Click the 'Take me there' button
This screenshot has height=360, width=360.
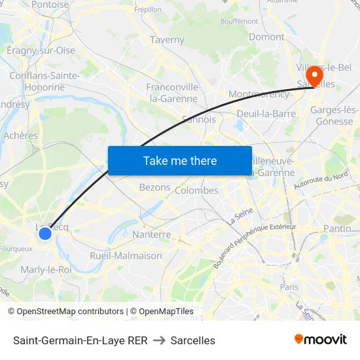pyautogui.click(x=180, y=160)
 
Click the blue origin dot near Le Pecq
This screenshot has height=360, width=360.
pyautogui.click(x=45, y=233)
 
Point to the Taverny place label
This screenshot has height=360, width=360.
pyautogui.click(x=167, y=39)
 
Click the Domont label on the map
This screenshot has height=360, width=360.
pyautogui.click(x=266, y=37)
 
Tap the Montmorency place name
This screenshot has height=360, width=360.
pyautogui.click(x=259, y=94)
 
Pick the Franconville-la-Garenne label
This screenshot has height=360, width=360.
pyautogui.click(x=172, y=93)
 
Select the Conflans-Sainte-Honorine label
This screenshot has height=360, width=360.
pyautogui.click(x=45, y=81)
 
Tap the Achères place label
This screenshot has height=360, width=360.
pyautogui.click(x=21, y=135)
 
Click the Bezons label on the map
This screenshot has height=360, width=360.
pyautogui.click(x=155, y=187)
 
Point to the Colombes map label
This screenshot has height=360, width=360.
pyautogui.click(x=197, y=190)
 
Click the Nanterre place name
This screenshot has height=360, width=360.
pyautogui.click(x=151, y=234)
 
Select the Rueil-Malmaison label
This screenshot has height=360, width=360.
pyautogui.click(x=126, y=256)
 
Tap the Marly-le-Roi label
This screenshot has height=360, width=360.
pyautogui.click(x=46, y=269)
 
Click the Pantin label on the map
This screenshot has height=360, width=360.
pyautogui.click(x=337, y=228)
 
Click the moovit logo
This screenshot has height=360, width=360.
pyautogui.click(x=321, y=340)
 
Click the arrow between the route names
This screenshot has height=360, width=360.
pyautogui.click(x=159, y=340)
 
